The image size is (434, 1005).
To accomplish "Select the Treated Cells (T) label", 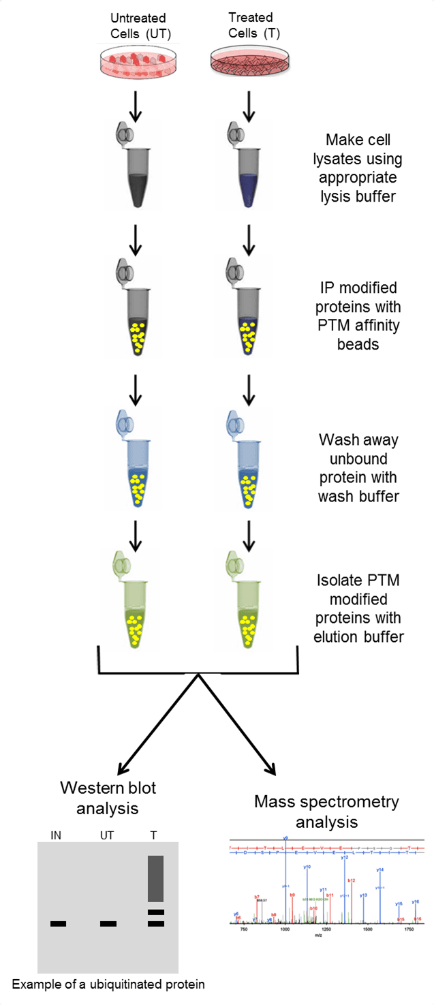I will pyautogui.click(x=251, y=25).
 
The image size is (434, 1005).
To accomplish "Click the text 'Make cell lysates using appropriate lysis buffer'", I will pyautogui.click(x=363, y=168).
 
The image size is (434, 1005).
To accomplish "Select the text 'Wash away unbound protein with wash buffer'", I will pyautogui.click(x=357, y=467).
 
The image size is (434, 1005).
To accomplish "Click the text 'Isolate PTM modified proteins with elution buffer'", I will pyautogui.click(x=360, y=609).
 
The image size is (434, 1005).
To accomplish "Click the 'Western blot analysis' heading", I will pyautogui.click(x=108, y=798).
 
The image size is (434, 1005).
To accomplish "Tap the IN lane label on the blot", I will pyautogui.click(x=56, y=833).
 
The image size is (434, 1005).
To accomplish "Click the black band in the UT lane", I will pyautogui.click(x=108, y=924).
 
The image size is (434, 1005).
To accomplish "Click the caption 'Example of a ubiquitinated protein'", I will pyautogui.click(x=108, y=984).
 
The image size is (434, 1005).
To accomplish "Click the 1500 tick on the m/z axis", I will pyautogui.click(x=367, y=929).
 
